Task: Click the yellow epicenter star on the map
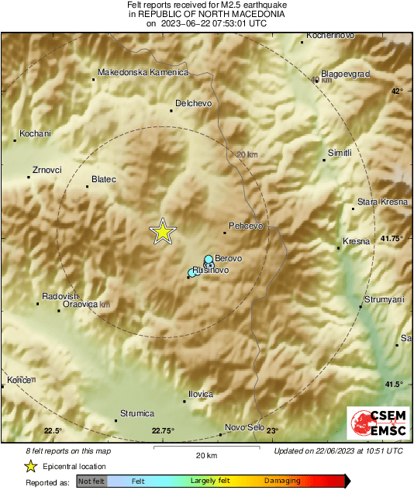163,231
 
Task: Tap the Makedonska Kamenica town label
143,72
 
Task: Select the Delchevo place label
194,102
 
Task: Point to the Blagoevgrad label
345,74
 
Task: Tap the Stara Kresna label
382,202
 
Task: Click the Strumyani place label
385,299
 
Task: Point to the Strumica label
137,413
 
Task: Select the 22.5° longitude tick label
53,431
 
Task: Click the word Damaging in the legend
282,481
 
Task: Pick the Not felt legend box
91,481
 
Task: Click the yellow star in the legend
30,466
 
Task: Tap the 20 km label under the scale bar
206,455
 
